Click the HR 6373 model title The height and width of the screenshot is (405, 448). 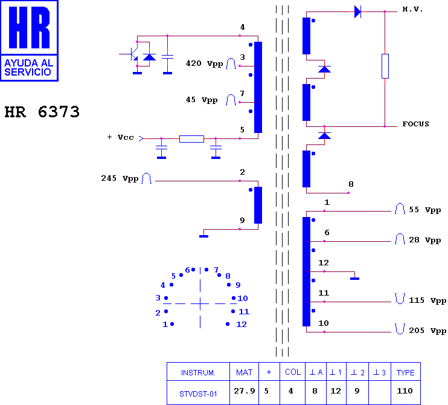[42, 112]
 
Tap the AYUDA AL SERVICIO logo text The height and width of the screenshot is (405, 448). [28, 68]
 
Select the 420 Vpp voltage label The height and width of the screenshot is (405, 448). [204, 63]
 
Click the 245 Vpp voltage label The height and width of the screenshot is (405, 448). [120, 178]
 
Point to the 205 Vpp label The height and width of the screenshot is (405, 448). [427, 331]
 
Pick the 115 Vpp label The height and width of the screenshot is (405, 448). [427, 300]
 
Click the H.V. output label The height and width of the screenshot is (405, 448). [412, 9]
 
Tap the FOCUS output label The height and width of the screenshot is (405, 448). [416, 124]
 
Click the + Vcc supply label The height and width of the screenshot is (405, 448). [120, 137]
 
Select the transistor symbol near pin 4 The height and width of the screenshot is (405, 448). [132, 54]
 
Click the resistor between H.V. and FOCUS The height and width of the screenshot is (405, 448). [385, 66]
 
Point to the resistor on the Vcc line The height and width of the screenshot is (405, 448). [191, 139]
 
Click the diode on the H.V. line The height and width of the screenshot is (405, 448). [357, 11]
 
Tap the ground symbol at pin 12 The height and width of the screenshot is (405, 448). [354, 278]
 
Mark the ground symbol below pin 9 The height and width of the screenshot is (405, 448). [203, 236]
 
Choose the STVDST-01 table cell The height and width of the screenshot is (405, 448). [198, 394]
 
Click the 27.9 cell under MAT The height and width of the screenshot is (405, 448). [245, 390]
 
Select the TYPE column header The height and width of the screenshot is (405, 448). [405, 372]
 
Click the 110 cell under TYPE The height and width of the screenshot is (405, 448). [405, 390]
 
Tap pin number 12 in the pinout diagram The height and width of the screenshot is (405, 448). [242, 324]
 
